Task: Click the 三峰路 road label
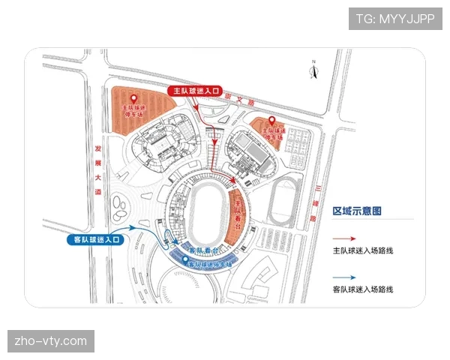[313, 202]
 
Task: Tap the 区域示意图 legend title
[357, 211]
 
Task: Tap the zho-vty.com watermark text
[51, 342]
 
